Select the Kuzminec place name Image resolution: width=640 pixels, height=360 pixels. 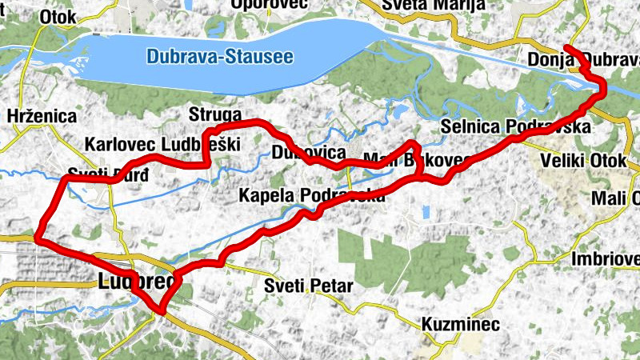pyautogui.click(x=461, y=325)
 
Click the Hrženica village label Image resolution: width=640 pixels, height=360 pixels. pyautogui.click(x=41, y=115)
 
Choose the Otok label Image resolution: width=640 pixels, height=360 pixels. pyautogui.click(x=58, y=16)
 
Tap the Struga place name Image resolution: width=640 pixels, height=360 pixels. pyautogui.click(x=214, y=113)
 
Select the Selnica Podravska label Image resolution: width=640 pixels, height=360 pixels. pyautogui.click(x=515, y=127)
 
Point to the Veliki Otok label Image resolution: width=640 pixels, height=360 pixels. pyautogui.click(x=582, y=161)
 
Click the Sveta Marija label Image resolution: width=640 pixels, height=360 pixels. pyautogui.click(x=422, y=5)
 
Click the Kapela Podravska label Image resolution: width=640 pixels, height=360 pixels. pyautogui.click(x=312, y=194)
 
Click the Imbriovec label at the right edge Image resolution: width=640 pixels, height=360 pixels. pyautogui.click(x=606, y=259)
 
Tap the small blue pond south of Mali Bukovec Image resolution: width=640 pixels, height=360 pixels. pyautogui.click(x=424, y=213)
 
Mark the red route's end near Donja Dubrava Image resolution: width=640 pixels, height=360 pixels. pyautogui.click(x=566, y=47)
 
